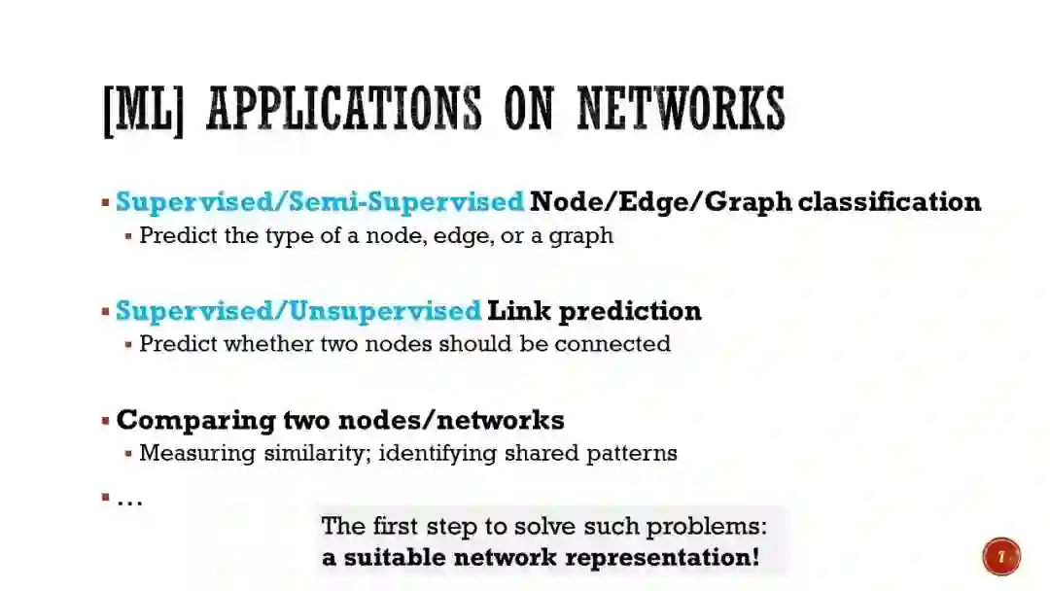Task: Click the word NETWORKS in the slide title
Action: pyautogui.click(x=681, y=109)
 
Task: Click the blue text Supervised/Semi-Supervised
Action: pyautogui.click(x=320, y=202)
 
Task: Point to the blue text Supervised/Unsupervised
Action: pyautogui.click(x=298, y=311)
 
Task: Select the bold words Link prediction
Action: pyautogui.click(x=594, y=311)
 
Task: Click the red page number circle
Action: pyautogui.click(x=1001, y=557)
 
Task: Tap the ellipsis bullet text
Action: pyautogui.click(x=129, y=500)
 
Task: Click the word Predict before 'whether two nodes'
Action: pyautogui.click(x=178, y=344)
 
